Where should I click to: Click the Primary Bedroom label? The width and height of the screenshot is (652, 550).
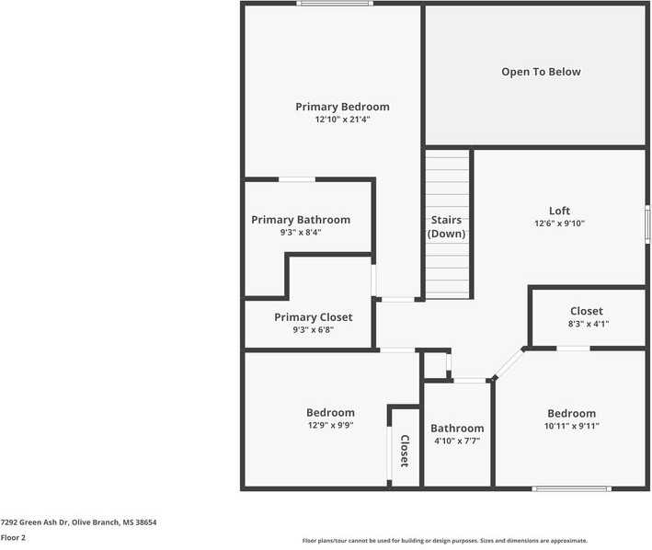click(342, 107)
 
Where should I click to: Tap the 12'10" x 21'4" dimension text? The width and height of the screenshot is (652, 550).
click(342, 120)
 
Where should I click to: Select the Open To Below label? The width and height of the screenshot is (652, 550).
click(541, 72)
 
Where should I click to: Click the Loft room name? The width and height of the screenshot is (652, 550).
click(559, 211)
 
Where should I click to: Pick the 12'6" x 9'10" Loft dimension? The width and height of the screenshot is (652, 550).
click(559, 223)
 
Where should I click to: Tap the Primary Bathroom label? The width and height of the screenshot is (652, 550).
click(301, 220)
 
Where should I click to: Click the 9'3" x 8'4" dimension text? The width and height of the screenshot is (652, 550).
click(301, 233)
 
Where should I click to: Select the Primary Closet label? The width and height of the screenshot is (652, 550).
click(313, 317)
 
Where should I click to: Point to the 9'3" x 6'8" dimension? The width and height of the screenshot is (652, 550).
click(313, 329)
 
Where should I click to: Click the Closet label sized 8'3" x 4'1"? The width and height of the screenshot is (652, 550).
click(587, 311)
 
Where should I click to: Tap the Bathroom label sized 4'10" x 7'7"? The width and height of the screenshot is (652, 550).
click(457, 429)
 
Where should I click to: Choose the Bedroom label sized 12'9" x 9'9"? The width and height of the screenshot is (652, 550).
click(330, 412)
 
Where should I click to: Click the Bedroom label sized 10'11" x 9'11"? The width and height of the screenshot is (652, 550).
click(571, 413)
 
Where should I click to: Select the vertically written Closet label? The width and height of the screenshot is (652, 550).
click(404, 450)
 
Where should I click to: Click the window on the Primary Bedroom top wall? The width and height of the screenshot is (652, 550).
click(335, 4)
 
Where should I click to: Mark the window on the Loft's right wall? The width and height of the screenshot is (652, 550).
click(647, 223)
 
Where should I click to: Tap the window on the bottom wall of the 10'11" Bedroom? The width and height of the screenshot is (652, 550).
click(571, 488)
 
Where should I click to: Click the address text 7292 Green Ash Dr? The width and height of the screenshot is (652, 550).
click(78, 522)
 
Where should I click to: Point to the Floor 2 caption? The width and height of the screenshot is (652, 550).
click(13, 537)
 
